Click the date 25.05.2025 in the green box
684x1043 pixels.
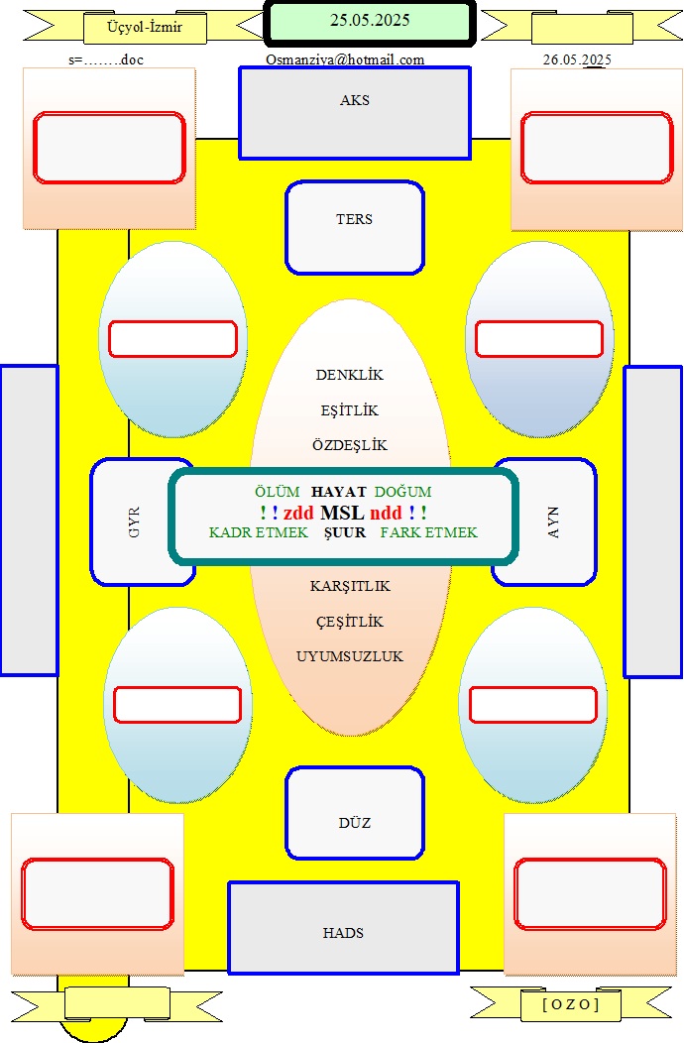[x=370, y=20]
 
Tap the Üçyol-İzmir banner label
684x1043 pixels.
[x=145, y=28]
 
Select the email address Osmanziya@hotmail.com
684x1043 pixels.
[x=345, y=59]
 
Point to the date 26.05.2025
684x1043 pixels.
[x=577, y=59]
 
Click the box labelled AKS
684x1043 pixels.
[x=355, y=113]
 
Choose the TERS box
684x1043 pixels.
[x=355, y=227]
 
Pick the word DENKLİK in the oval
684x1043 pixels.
[x=349, y=375]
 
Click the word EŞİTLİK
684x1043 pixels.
[x=349, y=410]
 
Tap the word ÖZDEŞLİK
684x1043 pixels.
[x=349, y=445]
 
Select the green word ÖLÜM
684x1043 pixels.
[x=277, y=492]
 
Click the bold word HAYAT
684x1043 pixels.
[x=339, y=492]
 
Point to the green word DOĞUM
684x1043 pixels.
[x=402, y=492]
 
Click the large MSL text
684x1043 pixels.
[x=342, y=513]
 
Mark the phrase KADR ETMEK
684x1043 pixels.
[x=258, y=532]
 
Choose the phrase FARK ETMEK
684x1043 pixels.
[x=428, y=532]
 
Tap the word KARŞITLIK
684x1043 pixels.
[x=350, y=586]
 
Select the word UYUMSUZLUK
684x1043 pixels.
[x=349, y=656]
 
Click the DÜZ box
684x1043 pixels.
[x=355, y=813]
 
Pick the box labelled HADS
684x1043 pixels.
[x=343, y=928]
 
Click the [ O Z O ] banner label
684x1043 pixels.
[x=571, y=1003]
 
